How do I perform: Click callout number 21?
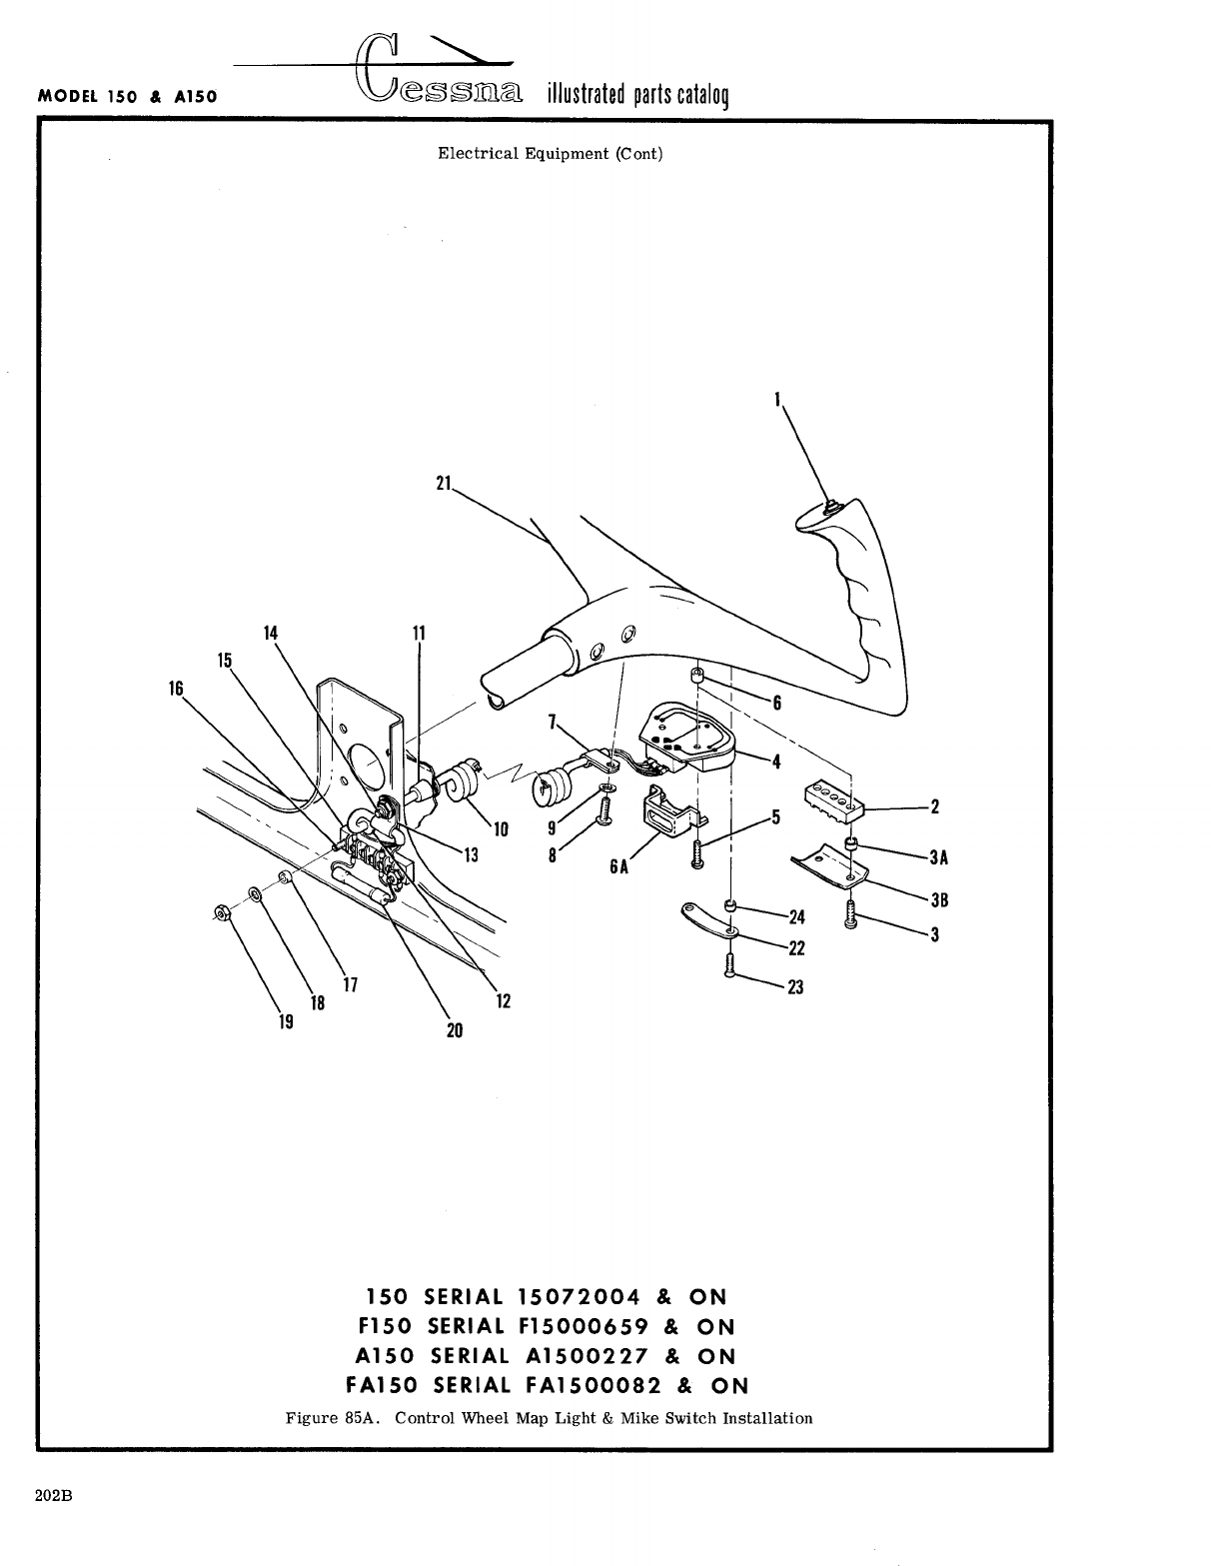pyautogui.click(x=444, y=483)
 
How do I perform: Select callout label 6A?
pyautogui.click(x=619, y=866)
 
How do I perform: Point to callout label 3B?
pyautogui.click(x=938, y=900)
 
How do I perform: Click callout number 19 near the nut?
pyautogui.click(x=286, y=1021)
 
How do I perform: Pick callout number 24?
pyautogui.click(x=796, y=917)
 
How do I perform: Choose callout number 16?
pyautogui.click(x=177, y=688)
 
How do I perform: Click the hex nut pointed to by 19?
pyautogui.click(x=221, y=911)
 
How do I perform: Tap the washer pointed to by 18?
pyautogui.click(x=255, y=891)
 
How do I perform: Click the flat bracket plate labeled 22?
pyautogui.click(x=708, y=919)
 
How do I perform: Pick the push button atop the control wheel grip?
pyautogui.click(x=828, y=507)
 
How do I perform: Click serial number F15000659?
pyautogui.click(x=580, y=1326)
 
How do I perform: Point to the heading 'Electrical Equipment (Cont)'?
pyautogui.click(x=550, y=154)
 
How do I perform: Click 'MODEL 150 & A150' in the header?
pyautogui.click(x=127, y=98)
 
